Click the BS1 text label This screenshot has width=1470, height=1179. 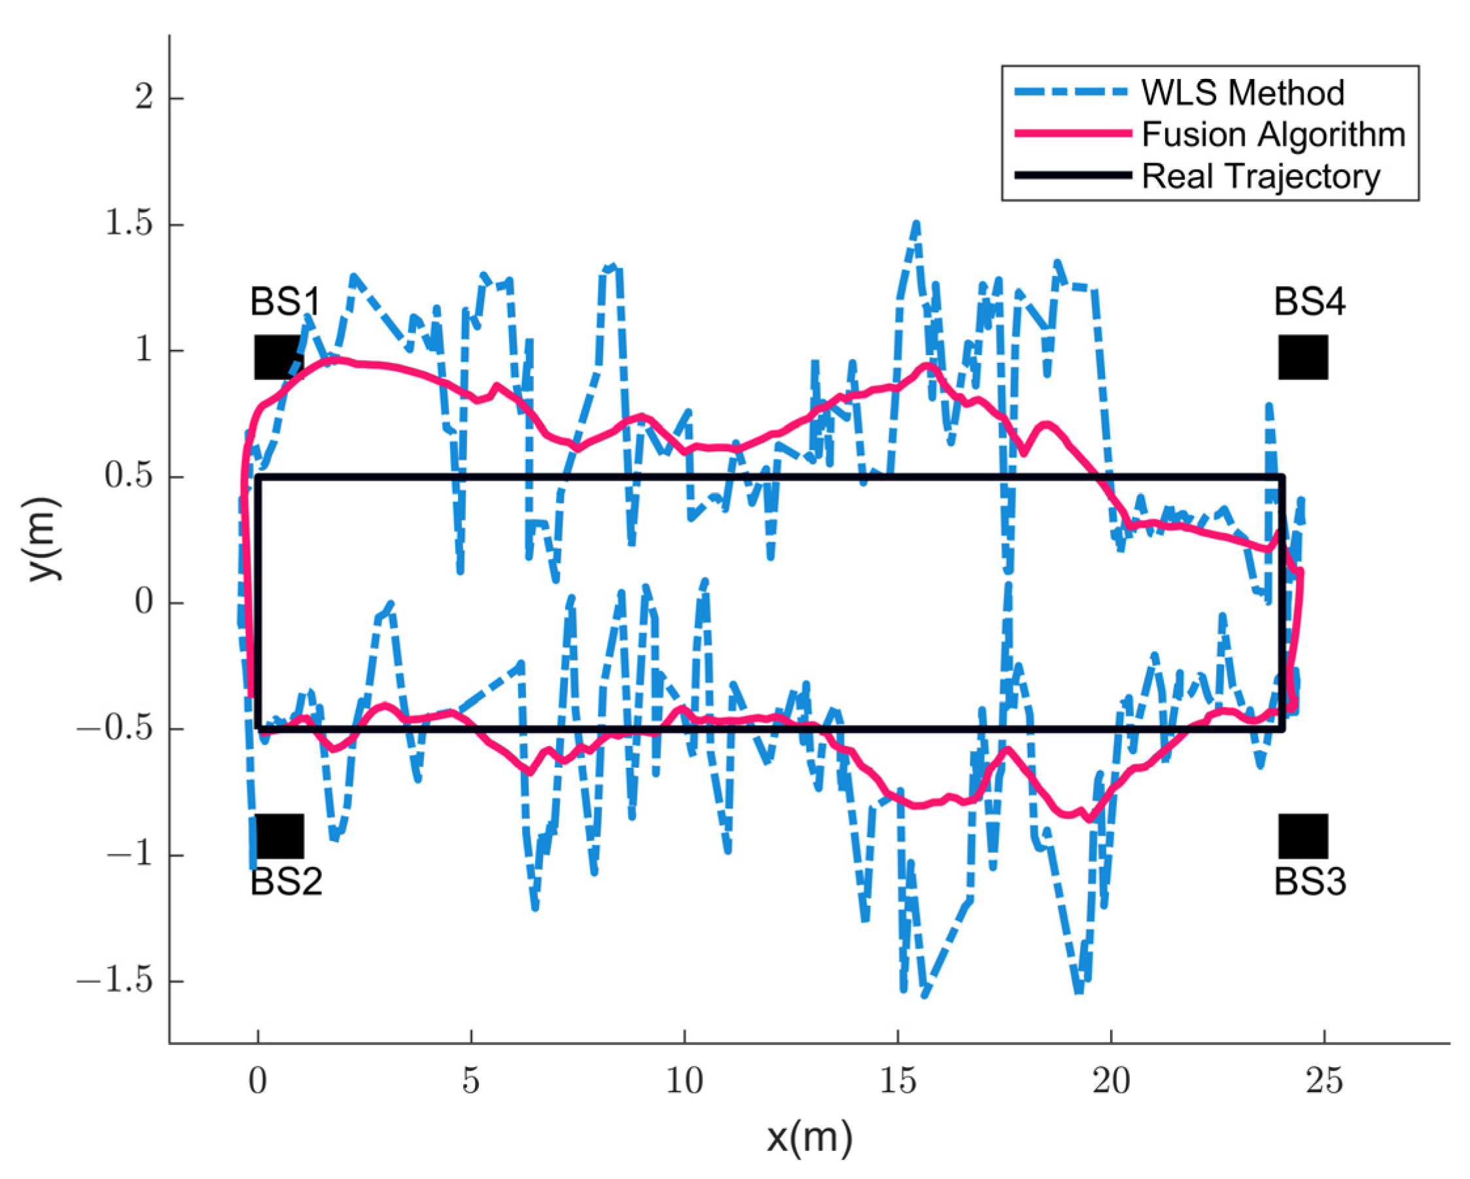click(x=285, y=302)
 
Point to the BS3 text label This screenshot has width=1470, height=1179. click(x=1310, y=883)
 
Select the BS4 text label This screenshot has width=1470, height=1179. click(x=1310, y=302)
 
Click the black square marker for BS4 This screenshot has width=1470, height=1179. click(x=1303, y=357)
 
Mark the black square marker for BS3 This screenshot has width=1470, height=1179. click(x=1303, y=836)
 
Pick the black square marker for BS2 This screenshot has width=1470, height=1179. click(x=279, y=836)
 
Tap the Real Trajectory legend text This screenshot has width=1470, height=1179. click(x=1261, y=177)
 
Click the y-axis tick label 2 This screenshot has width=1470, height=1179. click(x=143, y=99)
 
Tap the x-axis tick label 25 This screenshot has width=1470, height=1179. click(x=1324, y=1082)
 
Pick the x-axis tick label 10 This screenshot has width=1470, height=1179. click(x=684, y=1082)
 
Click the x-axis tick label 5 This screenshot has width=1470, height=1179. click(x=471, y=1082)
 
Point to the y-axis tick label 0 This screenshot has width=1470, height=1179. click(x=143, y=604)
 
